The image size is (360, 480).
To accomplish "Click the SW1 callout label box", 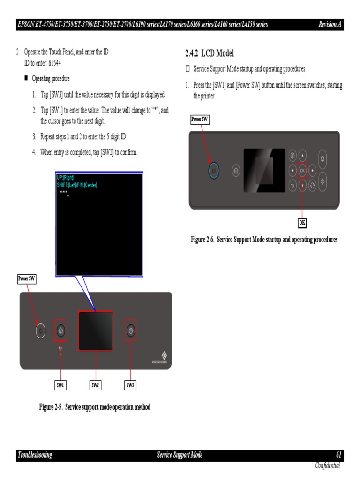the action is click(60, 385).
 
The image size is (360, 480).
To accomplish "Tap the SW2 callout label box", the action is click(95, 385).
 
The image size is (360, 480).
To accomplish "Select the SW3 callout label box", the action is click(131, 385).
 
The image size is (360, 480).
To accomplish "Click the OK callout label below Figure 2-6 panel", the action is click(302, 222).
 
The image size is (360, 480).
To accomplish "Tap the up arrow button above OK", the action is click(302, 156).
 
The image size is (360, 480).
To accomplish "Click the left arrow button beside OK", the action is click(292, 171).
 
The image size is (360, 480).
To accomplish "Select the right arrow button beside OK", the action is click(313, 171).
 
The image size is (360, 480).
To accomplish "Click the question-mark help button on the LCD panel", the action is click(292, 156).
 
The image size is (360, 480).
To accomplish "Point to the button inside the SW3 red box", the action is click(131, 331).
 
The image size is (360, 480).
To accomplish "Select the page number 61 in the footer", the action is click(339, 455).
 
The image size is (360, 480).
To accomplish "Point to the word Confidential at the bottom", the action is click(327, 465).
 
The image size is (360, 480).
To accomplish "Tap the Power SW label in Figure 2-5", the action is click(26, 279).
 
